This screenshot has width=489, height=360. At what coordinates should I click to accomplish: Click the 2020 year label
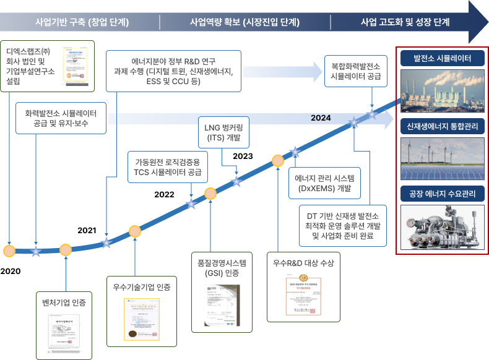click(11, 272)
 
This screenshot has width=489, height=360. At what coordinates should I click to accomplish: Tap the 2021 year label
click(87, 230)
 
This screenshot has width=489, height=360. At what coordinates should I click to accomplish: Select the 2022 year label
click(164, 195)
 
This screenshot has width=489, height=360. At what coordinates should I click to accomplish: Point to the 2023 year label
click(243, 156)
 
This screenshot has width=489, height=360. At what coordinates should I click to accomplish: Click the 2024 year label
click(321, 118)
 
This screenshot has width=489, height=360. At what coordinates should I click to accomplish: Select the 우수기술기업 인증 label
click(141, 286)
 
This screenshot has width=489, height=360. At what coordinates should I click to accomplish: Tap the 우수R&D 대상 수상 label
click(303, 263)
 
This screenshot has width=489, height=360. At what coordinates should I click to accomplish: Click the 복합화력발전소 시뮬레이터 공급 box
click(356, 71)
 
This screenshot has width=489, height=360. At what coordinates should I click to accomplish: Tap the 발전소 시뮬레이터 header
click(443, 59)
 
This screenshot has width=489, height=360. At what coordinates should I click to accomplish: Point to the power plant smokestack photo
click(443, 89)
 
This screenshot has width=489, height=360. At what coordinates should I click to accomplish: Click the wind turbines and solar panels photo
click(443, 158)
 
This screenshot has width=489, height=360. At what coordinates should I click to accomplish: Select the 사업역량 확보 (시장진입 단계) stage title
click(245, 22)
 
